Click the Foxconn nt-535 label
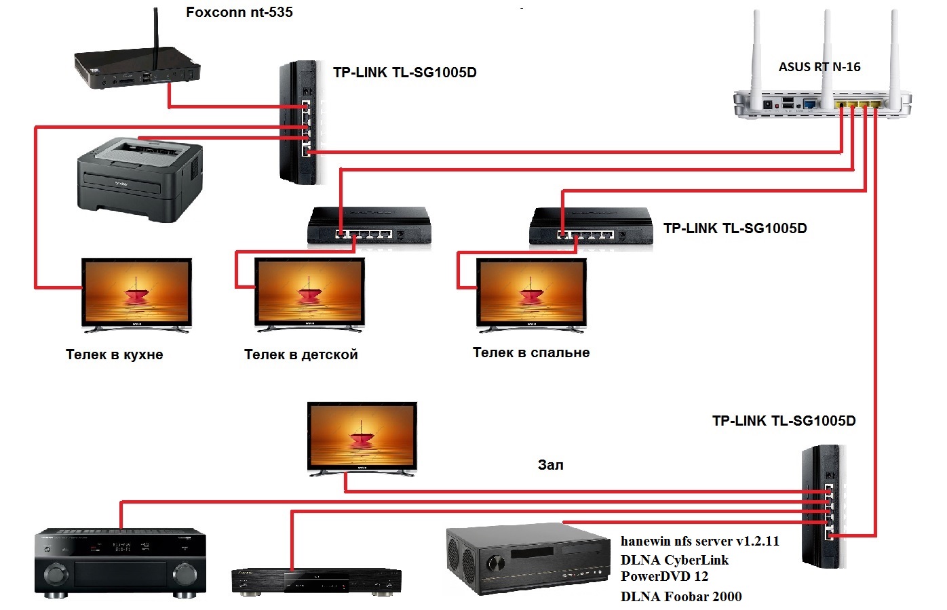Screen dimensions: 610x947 tap(239, 12)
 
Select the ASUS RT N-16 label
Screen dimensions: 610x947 tap(819, 67)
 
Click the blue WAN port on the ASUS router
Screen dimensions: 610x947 tap(809, 104)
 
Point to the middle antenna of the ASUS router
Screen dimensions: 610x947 tap(827, 47)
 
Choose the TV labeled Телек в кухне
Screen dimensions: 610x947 tap(136, 295)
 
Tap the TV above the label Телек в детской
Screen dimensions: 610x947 tap(309, 295)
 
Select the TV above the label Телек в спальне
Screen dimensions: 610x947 tap(531, 295)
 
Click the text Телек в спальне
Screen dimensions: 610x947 tap(531, 352)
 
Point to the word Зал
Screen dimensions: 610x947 tap(550, 465)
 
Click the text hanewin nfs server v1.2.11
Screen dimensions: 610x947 tap(699, 542)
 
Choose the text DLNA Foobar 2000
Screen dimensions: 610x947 tap(681, 596)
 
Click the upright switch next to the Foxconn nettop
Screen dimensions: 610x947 tap(299, 122)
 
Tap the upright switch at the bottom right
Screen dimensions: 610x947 tap(823, 505)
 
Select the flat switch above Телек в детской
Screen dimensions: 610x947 tap(369, 225)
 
